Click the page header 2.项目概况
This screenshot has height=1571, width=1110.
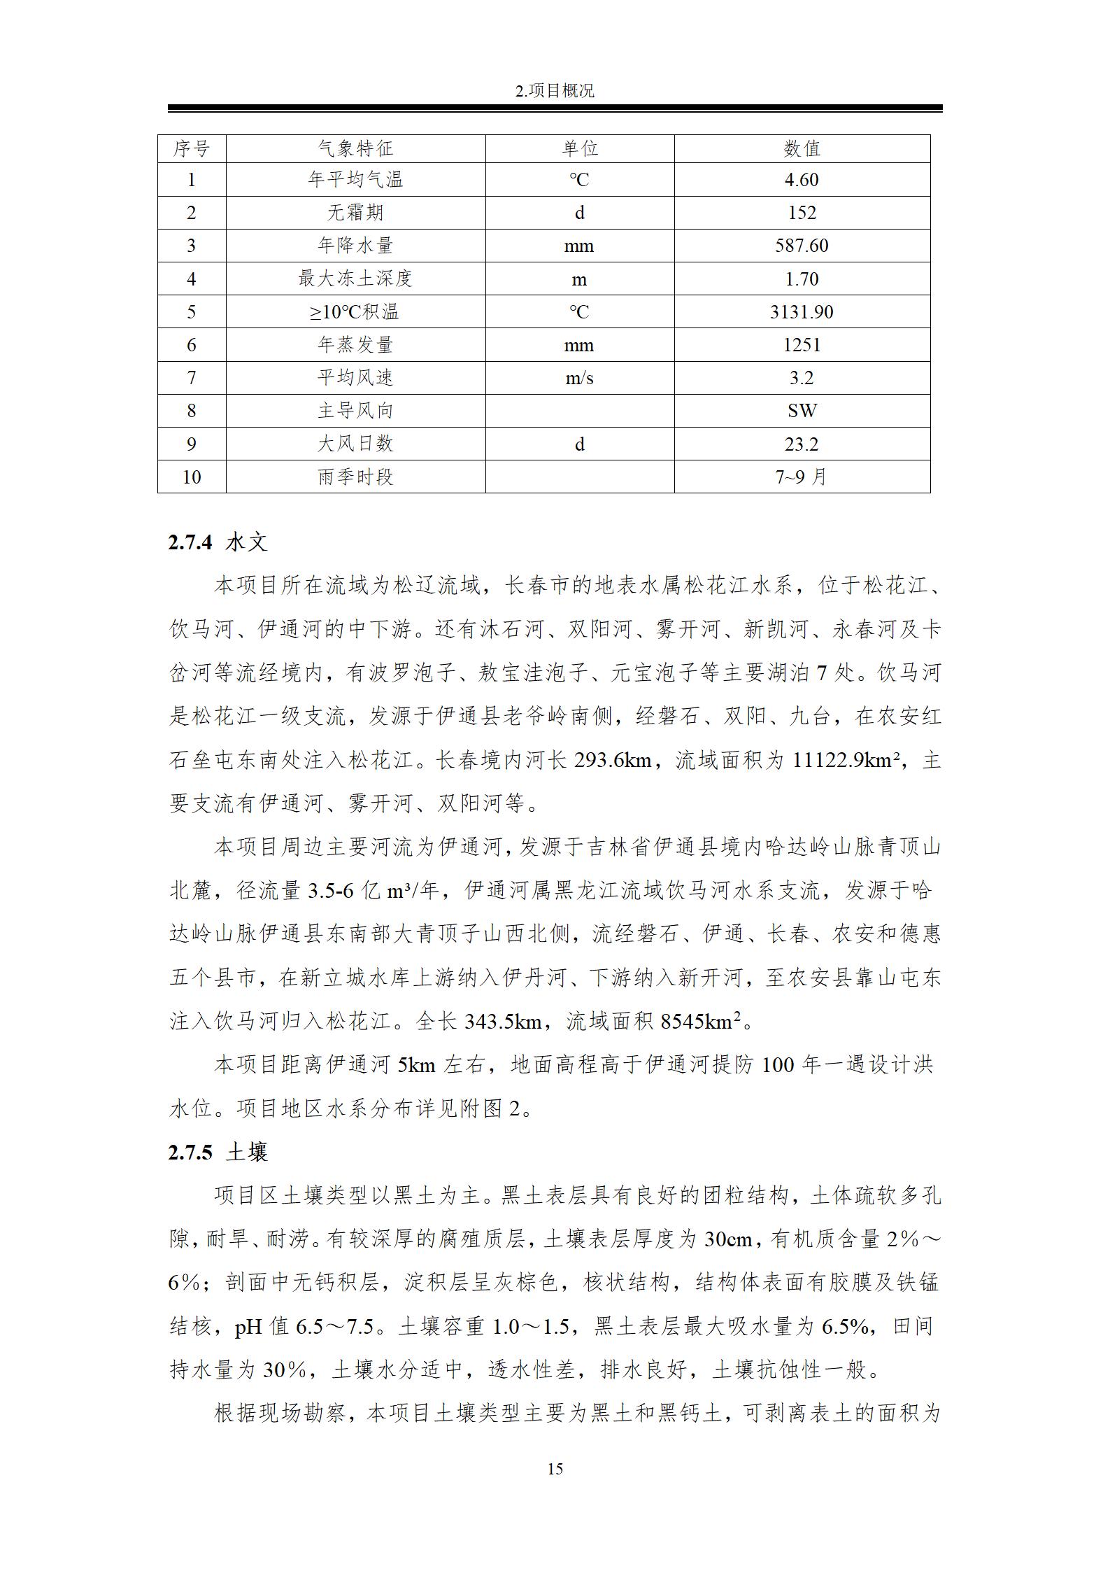point(555,91)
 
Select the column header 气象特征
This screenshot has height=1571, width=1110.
point(355,148)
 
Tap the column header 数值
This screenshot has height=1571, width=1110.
point(802,148)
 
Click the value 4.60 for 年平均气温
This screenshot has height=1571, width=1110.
point(802,180)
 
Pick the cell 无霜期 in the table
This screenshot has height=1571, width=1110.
point(355,213)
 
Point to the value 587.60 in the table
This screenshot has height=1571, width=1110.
point(802,246)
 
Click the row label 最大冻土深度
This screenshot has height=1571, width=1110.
point(355,279)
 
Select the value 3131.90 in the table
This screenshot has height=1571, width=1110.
point(802,311)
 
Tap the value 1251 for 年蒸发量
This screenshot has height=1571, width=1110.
point(802,345)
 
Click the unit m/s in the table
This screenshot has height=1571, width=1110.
point(579,378)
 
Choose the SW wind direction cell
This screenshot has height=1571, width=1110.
point(802,411)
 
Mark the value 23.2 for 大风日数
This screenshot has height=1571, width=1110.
point(802,444)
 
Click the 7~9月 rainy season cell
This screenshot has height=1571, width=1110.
point(802,477)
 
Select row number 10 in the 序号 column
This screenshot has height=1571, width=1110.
point(192,477)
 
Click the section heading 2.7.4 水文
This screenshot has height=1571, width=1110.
point(218,542)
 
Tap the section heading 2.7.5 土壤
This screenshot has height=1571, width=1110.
point(218,1152)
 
